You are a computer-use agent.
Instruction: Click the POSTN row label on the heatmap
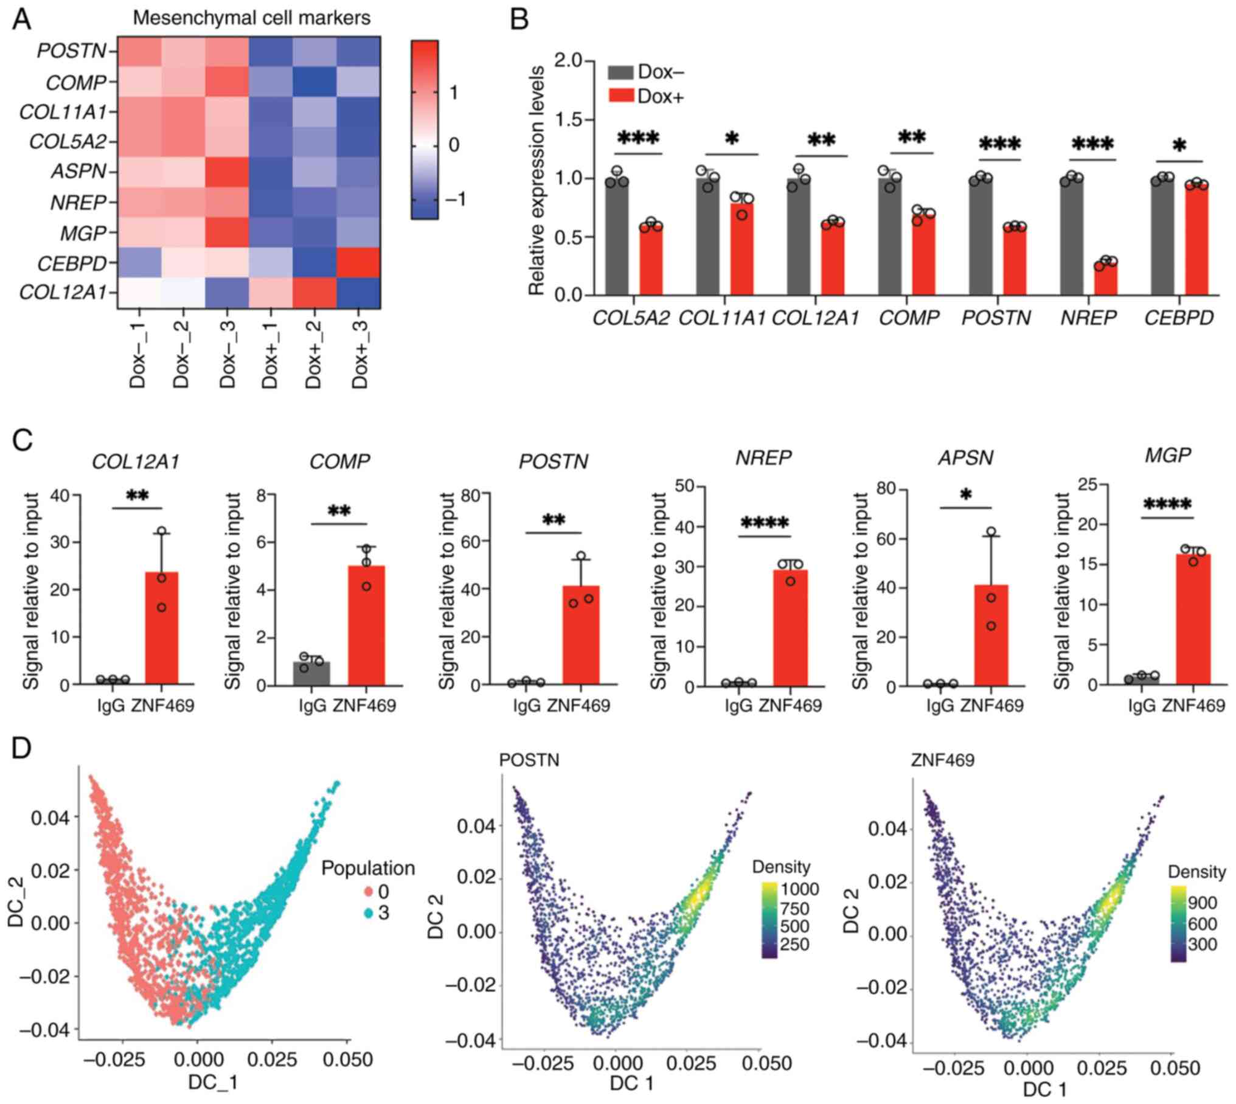point(71,51)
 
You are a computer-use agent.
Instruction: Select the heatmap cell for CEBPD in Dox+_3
point(358,263)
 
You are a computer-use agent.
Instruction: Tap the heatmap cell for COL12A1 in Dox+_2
point(314,293)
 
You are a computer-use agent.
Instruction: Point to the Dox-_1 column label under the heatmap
point(139,355)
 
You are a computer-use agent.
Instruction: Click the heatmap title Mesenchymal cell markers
point(251,18)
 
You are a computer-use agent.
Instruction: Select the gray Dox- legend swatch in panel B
point(620,72)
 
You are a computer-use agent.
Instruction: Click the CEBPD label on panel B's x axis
point(1179,318)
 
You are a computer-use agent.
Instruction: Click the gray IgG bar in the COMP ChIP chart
point(311,673)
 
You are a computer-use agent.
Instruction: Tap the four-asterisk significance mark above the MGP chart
point(1167,504)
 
